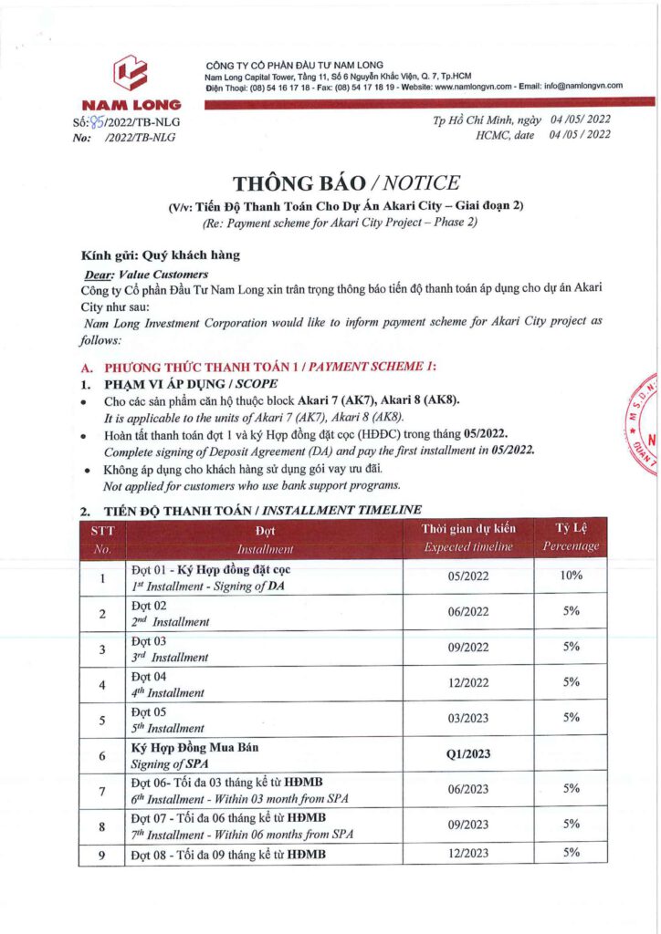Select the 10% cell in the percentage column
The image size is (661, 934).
pyautogui.click(x=572, y=575)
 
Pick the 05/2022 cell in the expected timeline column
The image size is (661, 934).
pyautogui.click(x=468, y=576)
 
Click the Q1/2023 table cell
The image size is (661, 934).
pyautogui.click(x=468, y=754)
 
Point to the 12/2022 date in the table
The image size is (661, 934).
pyautogui.click(x=468, y=682)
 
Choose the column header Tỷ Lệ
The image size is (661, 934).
pyautogui.click(x=572, y=528)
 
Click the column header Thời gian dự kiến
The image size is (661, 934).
pyautogui.click(x=468, y=528)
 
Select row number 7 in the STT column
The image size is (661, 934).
pyautogui.click(x=102, y=790)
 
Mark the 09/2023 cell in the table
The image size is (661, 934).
pyautogui.click(x=468, y=825)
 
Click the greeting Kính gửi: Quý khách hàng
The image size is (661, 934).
pyautogui.click(x=161, y=255)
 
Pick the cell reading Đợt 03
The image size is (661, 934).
pyautogui.click(x=150, y=640)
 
